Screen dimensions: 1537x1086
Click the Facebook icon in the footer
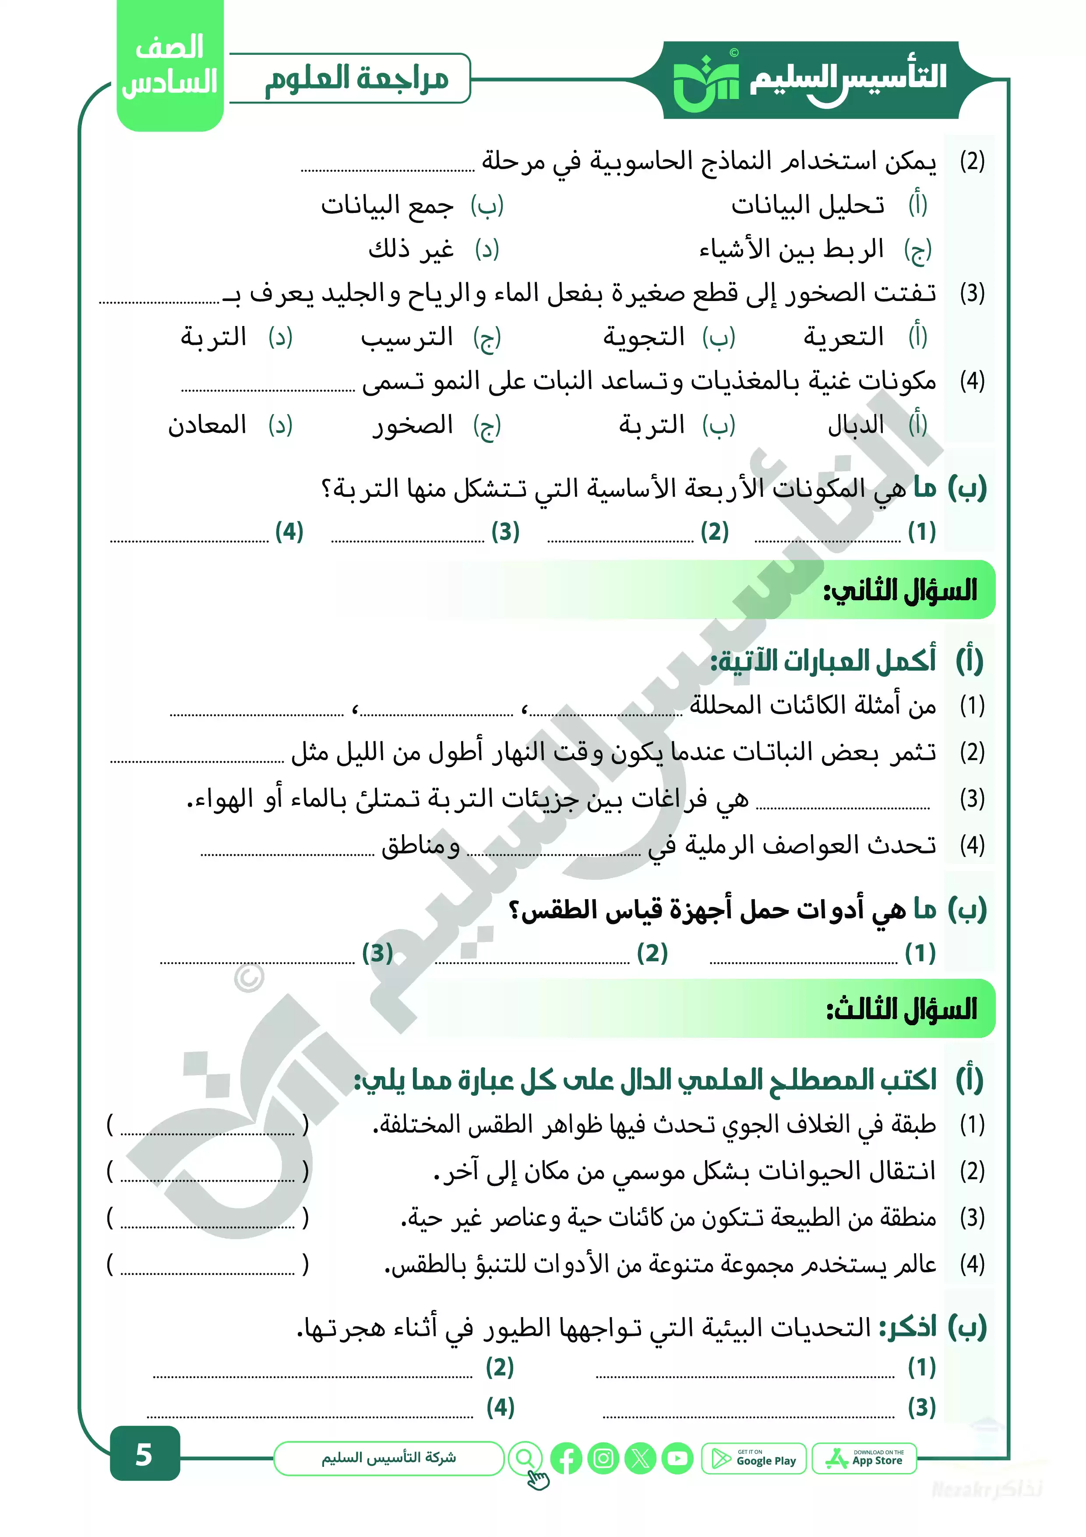pyautogui.click(x=566, y=1459)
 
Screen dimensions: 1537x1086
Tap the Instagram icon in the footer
pyautogui.click(x=603, y=1459)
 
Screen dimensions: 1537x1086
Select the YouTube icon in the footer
pyautogui.click(x=678, y=1459)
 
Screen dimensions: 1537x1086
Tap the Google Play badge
pyautogui.click(x=754, y=1459)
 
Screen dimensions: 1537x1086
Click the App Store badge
pyautogui.click(x=864, y=1459)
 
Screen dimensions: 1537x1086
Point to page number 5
pyautogui.click(x=144, y=1455)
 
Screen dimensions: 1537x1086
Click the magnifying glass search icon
pyautogui.click(x=526, y=1459)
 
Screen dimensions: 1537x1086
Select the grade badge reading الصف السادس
pyautogui.click(x=170, y=66)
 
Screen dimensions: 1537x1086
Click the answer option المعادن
pyautogui.click(x=208, y=425)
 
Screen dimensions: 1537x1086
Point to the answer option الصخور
pyautogui.click(x=413, y=425)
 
